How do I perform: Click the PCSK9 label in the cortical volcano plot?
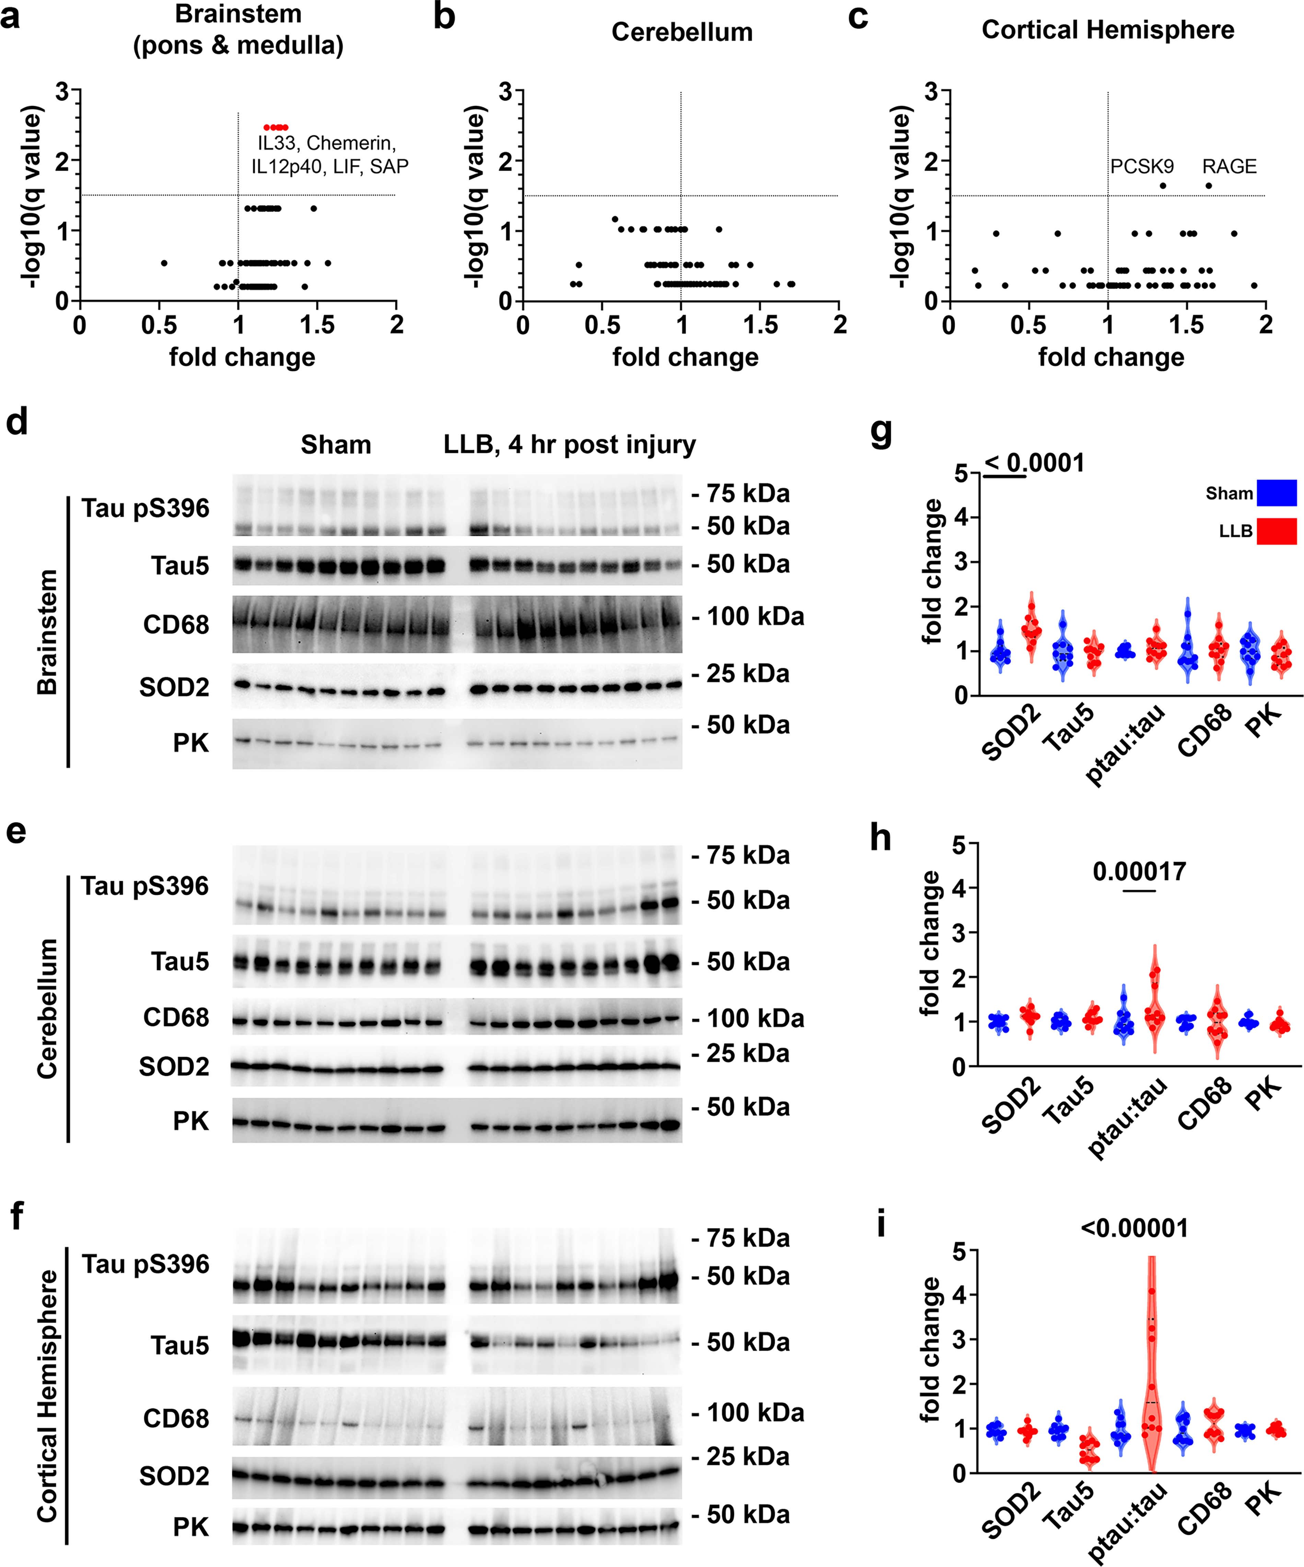1141,167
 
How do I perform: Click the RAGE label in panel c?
1229,167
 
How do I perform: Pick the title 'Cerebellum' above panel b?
682,32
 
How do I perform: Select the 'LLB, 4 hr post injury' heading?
569,445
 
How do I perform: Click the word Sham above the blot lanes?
336,445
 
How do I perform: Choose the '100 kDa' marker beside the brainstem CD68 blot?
755,616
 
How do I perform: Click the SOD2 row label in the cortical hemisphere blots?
174,1476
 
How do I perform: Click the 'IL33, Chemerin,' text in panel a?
327,142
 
